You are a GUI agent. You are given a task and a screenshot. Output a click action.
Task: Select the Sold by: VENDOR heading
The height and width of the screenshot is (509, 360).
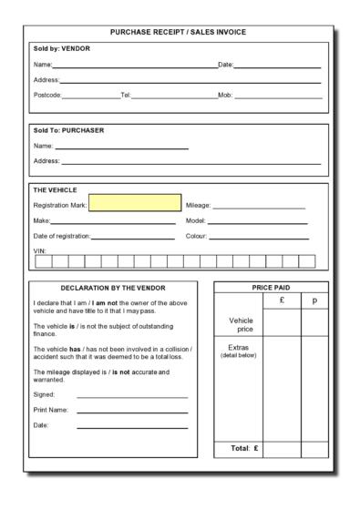pos(62,48)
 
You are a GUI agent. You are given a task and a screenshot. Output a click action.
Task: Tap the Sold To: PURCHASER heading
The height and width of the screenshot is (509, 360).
pos(69,130)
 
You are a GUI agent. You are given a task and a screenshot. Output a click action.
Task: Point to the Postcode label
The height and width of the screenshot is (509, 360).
pos(47,96)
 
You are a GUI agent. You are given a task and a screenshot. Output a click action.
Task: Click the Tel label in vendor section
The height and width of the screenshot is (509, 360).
pos(126,96)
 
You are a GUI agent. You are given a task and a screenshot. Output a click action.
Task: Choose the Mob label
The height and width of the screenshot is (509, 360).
pos(225,96)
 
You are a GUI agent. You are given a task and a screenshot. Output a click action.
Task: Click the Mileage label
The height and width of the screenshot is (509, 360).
pos(198,206)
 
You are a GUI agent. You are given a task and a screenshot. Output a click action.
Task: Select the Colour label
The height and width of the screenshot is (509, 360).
pos(196,237)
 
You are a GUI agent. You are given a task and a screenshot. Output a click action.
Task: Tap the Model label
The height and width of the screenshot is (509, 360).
pos(195,221)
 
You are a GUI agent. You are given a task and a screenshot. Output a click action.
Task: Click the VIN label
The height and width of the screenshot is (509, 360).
pos(39,249)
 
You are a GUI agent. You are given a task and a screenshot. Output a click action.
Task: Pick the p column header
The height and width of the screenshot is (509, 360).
pos(314,300)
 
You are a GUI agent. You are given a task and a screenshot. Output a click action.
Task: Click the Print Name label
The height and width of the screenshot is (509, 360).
pos(51,410)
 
